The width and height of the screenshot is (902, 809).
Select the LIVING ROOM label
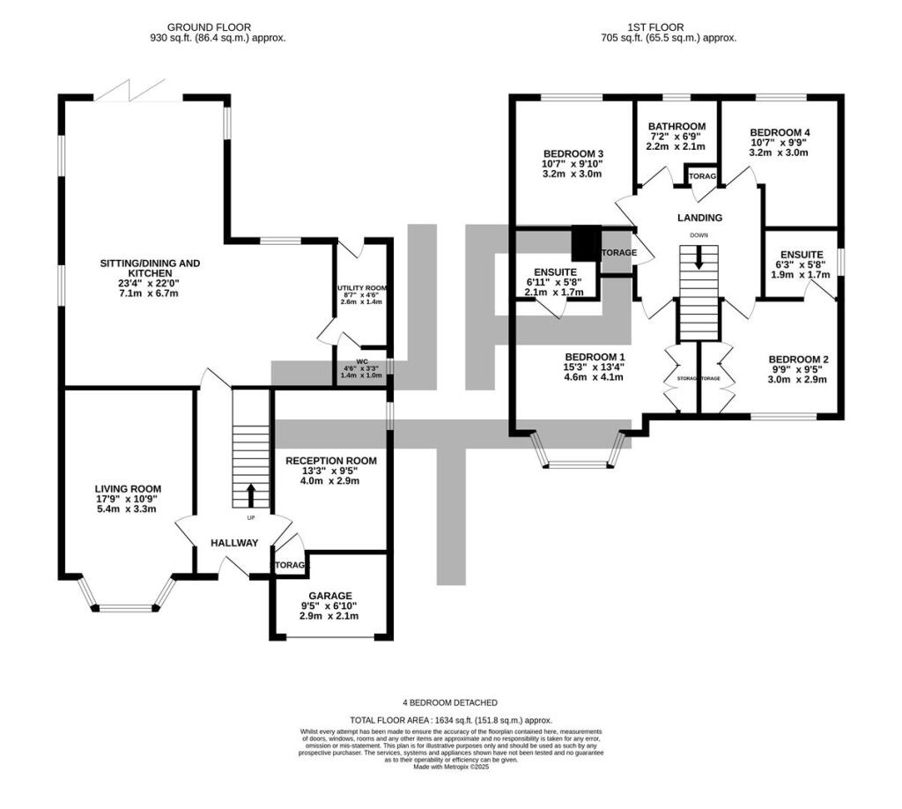click(x=129, y=488)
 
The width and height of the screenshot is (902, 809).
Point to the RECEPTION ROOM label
click(x=331, y=460)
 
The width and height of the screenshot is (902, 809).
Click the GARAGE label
click(x=330, y=596)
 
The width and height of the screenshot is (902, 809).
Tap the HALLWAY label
click(x=234, y=543)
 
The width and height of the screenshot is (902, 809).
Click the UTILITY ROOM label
click(x=362, y=288)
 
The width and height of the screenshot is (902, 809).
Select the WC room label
click(x=361, y=360)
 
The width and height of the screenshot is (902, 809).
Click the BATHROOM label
click(x=676, y=126)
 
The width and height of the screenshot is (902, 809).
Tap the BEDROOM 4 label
click(x=780, y=132)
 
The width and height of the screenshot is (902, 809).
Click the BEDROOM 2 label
click(x=798, y=359)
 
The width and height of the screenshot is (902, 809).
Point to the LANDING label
click(x=699, y=218)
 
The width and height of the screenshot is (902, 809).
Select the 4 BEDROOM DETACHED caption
click(x=451, y=702)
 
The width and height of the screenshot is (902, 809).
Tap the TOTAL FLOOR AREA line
click(x=451, y=720)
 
